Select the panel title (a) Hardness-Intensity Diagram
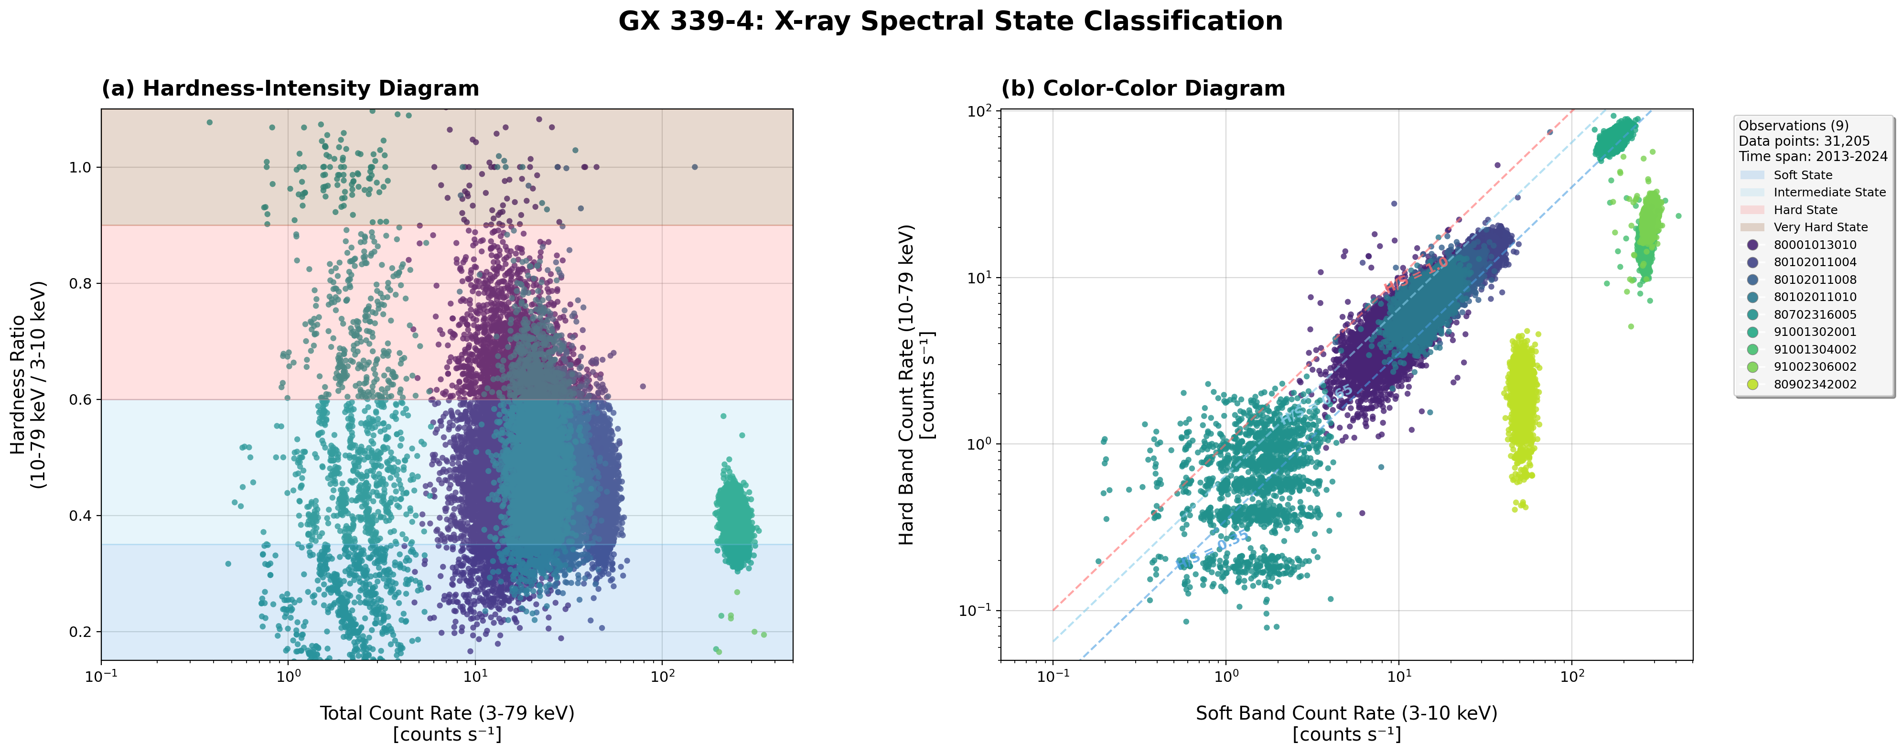[x=290, y=88]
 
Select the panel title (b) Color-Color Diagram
[x=1143, y=88]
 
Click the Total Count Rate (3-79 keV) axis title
[x=447, y=713]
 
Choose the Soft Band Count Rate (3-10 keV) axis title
[x=1346, y=713]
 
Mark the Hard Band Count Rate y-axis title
[x=915, y=385]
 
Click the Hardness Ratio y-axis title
[x=28, y=385]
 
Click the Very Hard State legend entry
[x=1820, y=227]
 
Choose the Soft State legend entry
[x=1802, y=175]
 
